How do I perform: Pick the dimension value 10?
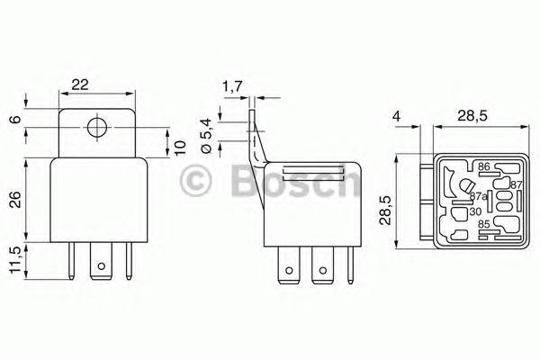[179, 148]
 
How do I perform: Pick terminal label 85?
[484, 225]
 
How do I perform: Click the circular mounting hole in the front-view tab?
[96, 127]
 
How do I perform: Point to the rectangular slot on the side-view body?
[314, 170]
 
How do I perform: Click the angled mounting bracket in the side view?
[258, 144]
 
